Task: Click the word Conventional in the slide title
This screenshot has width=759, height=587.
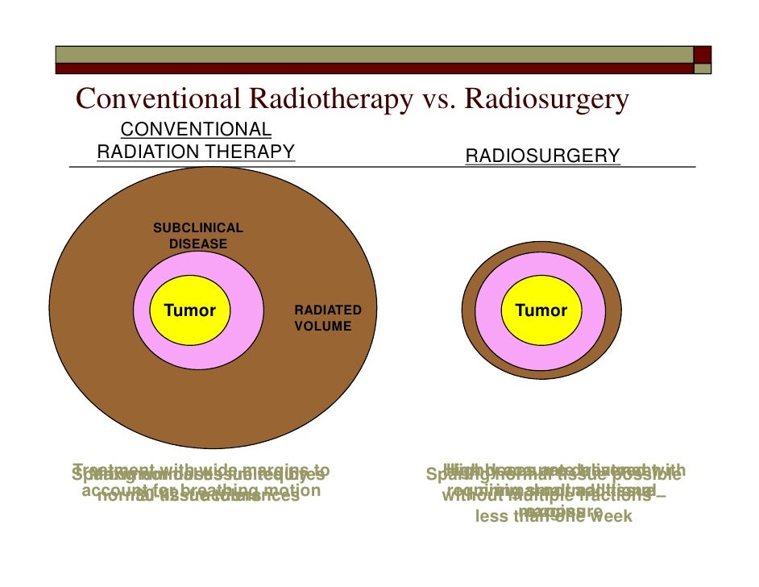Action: [x=156, y=99]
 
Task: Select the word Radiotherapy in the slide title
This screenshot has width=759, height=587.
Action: [x=326, y=99]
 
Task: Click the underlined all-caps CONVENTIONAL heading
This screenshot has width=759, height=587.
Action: [x=196, y=130]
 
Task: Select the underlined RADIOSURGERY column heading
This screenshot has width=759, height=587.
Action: [x=542, y=156]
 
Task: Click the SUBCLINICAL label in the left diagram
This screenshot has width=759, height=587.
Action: [x=197, y=228]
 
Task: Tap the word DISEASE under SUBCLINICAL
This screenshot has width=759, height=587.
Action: [x=197, y=244]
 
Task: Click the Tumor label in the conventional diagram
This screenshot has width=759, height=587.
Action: [x=190, y=310]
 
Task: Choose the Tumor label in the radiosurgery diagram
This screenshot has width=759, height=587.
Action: [x=541, y=310]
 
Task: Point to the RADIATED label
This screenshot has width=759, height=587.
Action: [x=327, y=310]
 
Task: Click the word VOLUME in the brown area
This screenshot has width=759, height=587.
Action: [x=322, y=327]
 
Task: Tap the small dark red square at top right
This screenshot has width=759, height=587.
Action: [x=703, y=55]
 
